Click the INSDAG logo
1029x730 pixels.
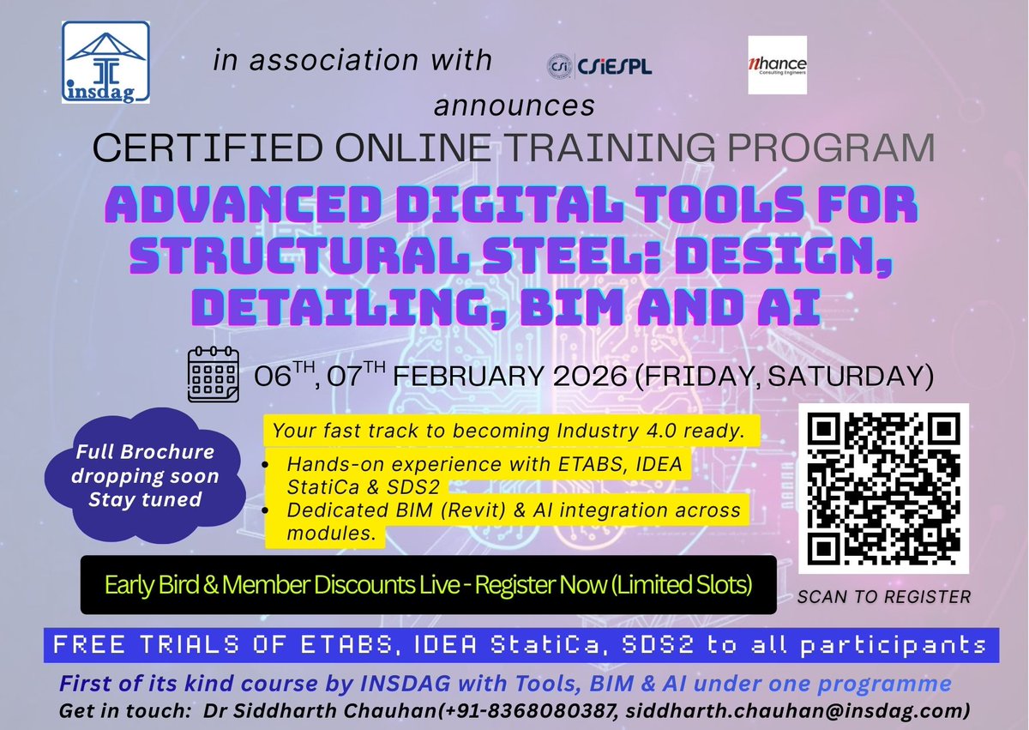105,63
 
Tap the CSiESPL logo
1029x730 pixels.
599,66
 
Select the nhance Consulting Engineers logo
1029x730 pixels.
777,64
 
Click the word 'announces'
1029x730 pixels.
514,105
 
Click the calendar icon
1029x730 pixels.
214,374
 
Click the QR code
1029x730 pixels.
883,488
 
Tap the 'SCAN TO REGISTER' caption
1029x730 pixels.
883,597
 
